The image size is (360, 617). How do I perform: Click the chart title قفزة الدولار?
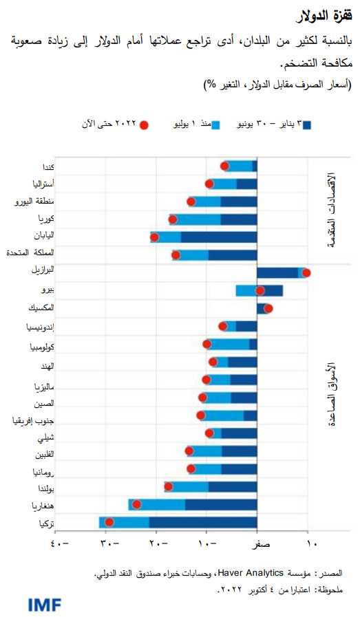(x=325, y=15)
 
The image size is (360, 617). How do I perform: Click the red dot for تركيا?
(x=109, y=523)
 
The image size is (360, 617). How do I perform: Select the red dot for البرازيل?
(x=306, y=272)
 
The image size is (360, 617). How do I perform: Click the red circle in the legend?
(x=144, y=125)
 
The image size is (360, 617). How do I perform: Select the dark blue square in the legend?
(x=308, y=125)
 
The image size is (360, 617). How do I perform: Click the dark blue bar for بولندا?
(x=232, y=487)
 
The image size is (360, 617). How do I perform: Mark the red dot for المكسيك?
(x=268, y=308)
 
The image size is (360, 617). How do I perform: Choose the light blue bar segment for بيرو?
(x=246, y=290)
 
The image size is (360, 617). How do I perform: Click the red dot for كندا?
(x=224, y=166)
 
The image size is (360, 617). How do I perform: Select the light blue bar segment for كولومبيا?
(x=229, y=344)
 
